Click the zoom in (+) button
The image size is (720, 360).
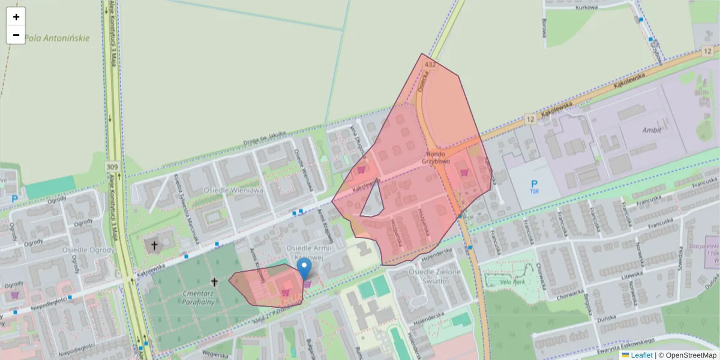coord(16,17)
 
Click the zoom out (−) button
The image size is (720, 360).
coord(16,35)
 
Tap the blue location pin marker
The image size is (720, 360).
coord(304,269)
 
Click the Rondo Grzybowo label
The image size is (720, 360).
coord(436,158)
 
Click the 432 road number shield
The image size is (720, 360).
coord(429,64)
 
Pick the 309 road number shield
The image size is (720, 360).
coord(112,166)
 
